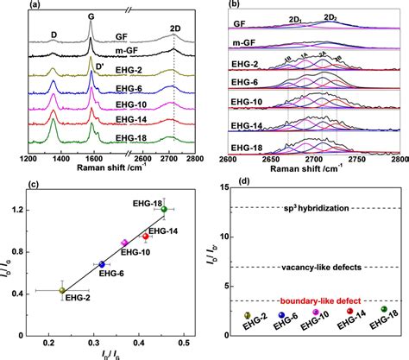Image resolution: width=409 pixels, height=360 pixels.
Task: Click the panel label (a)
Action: [15, 7]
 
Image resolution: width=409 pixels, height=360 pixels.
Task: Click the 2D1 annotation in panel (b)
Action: [294, 16]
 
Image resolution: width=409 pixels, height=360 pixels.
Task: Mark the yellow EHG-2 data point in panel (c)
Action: [61, 290]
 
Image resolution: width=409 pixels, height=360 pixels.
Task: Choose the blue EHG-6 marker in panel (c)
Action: [102, 264]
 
